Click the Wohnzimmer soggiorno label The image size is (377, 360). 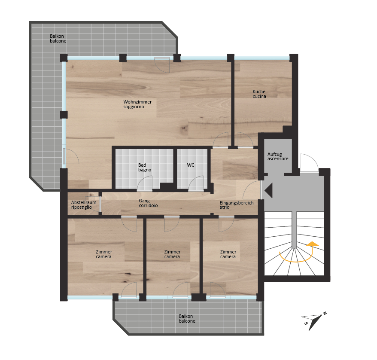pos(137,104)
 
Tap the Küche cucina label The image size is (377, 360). pos(259,94)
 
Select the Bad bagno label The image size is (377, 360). pos(145,168)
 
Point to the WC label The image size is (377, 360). pos(191,165)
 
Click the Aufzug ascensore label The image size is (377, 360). pos(278,156)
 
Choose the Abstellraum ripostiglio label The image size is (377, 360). pos(84,205)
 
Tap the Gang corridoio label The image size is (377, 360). pos(148,203)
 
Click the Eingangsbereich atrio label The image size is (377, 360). pos(236,205)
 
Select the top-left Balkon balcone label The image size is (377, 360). pos(58,39)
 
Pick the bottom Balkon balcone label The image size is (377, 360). pos(187,319)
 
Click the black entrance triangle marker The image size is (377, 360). pos(268,190)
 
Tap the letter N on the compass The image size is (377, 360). pos(325,313)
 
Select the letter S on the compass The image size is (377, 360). pos(306,323)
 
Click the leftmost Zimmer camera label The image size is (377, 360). pos(104,254)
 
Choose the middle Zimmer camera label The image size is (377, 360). pos(172,254)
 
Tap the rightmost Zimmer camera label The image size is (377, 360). pos(228,254)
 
